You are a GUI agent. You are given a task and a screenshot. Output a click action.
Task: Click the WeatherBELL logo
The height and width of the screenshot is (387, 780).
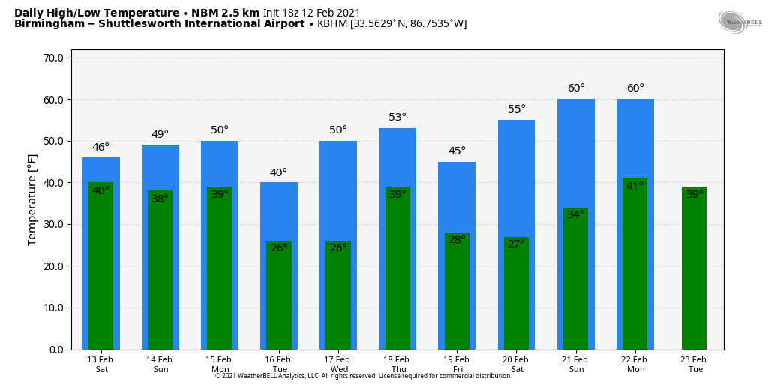coord(739,22)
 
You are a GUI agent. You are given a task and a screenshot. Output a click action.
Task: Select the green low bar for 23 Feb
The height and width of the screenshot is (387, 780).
coord(694,270)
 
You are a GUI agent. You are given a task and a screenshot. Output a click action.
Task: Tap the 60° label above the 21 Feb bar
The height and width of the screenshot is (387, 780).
coord(576,88)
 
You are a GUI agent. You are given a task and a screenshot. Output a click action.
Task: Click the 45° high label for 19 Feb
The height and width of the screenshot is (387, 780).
coord(457,151)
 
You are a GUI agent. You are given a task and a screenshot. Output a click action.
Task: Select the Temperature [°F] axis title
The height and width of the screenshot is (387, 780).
coord(32,199)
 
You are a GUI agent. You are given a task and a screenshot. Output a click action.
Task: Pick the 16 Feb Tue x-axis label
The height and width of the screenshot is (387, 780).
coord(278,364)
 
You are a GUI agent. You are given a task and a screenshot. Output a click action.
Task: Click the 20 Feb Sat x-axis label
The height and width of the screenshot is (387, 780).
coord(516,364)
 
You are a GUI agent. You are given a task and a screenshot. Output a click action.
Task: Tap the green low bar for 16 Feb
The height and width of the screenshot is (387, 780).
coord(279,300)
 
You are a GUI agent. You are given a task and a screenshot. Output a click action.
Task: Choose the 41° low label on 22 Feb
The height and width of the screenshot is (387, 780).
coord(634,186)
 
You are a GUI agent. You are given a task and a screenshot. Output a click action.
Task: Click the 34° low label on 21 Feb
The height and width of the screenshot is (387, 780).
coord(575,214)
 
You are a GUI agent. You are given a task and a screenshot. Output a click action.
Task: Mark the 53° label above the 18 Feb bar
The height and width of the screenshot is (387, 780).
coord(397,117)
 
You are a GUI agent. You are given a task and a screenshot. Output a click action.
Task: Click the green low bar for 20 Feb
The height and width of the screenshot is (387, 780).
coord(516,300)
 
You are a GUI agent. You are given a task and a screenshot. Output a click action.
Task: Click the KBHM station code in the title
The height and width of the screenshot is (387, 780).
coord(332,24)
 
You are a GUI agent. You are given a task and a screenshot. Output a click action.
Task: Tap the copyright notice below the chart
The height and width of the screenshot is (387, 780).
coord(363,376)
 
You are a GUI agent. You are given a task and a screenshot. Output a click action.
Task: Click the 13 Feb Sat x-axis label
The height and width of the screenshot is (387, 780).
coord(100,364)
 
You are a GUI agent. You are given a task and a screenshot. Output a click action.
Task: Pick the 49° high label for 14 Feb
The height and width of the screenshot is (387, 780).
coord(160,134)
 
